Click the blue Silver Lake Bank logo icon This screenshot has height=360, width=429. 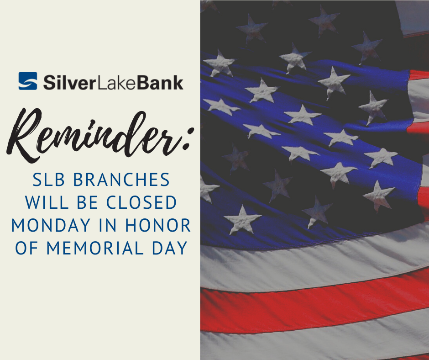(x=28, y=81)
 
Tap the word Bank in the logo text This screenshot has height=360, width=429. (x=160, y=82)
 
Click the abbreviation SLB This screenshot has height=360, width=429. (x=48, y=180)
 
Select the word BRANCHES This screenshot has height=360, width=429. (x=121, y=180)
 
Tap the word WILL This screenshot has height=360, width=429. (x=47, y=202)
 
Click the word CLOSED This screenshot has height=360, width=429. (x=141, y=202)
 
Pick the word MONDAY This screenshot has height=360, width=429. (x=51, y=225)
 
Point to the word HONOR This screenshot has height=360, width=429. (x=158, y=225)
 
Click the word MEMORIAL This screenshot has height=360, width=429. (x=94, y=248)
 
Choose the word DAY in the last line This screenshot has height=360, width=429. (x=170, y=248)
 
